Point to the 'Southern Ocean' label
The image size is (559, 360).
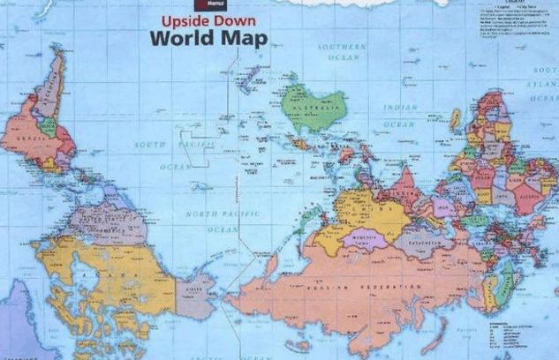coord(344,51)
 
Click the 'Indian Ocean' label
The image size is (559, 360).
coord(399,116)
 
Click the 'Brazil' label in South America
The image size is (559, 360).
coord(24,139)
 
